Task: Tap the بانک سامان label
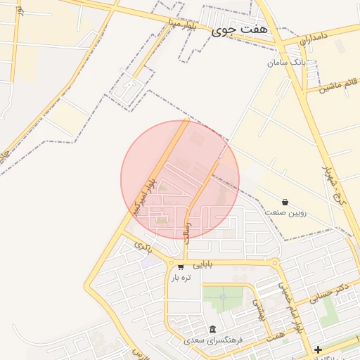click(x=287, y=63)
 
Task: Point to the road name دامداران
click(x=314, y=39)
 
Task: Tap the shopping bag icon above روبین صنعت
click(x=285, y=201)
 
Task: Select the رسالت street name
click(x=188, y=229)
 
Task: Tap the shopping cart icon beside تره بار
click(x=181, y=266)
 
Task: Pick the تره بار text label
click(x=181, y=277)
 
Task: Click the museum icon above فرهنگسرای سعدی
click(x=212, y=329)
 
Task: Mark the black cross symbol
click(x=318, y=349)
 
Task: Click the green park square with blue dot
click(x=222, y=297)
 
